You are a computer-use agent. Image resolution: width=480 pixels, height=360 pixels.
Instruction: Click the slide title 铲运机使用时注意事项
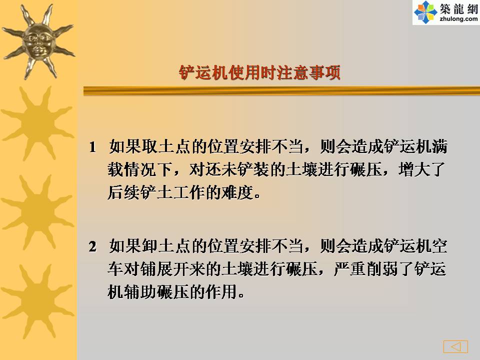tap(259, 73)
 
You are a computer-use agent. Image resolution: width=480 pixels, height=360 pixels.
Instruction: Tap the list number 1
tap(92, 147)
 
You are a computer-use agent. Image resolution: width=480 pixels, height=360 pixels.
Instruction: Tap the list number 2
tap(92, 246)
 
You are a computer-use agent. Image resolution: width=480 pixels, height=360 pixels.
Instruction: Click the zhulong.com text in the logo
tap(458, 19)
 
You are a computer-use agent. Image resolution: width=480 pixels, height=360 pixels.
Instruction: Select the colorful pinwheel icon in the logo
tap(425, 12)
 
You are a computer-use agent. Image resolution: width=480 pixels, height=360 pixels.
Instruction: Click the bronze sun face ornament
tap(38, 41)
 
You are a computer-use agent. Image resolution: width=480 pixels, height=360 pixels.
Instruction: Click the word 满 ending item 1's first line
tap(439, 147)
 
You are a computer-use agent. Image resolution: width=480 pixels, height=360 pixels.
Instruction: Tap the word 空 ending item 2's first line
tap(439, 246)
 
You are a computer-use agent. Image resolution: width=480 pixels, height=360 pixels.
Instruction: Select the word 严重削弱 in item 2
tap(366, 269)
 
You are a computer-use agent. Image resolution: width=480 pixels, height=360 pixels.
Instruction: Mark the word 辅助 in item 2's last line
tap(140, 292)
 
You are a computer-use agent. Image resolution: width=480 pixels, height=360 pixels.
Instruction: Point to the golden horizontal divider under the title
tap(281, 91)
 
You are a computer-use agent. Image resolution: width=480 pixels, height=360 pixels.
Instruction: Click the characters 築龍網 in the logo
tap(458, 8)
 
